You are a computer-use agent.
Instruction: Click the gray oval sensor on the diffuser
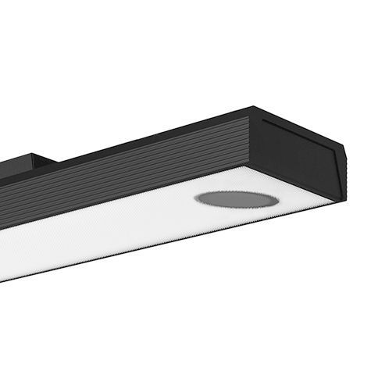(237, 198)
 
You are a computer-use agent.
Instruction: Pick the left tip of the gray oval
(195, 198)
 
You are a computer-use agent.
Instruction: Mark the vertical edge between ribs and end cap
(250, 141)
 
